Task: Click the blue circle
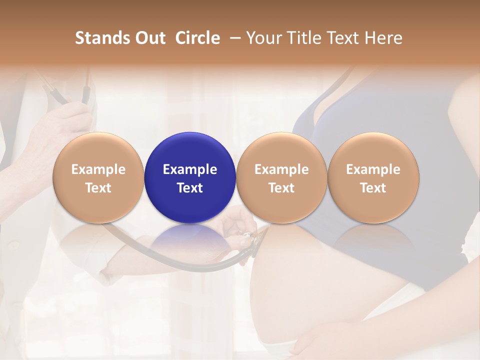pyautogui.click(x=190, y=177)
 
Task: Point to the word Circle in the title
pyautogui.click(x=197, y=38)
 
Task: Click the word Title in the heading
pyautogui.click(x=304, y=38)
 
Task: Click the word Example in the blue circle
pyautogui.click(x=190, y=169)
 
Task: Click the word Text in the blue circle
pyautogui.click(x=190, y=188)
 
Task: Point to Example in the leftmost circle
pyautogui.click(x=98, y=169)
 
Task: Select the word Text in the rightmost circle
pyautogui.click(x=373, y=188)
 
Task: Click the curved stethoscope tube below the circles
pyautogui.click(x=165, y=260)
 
